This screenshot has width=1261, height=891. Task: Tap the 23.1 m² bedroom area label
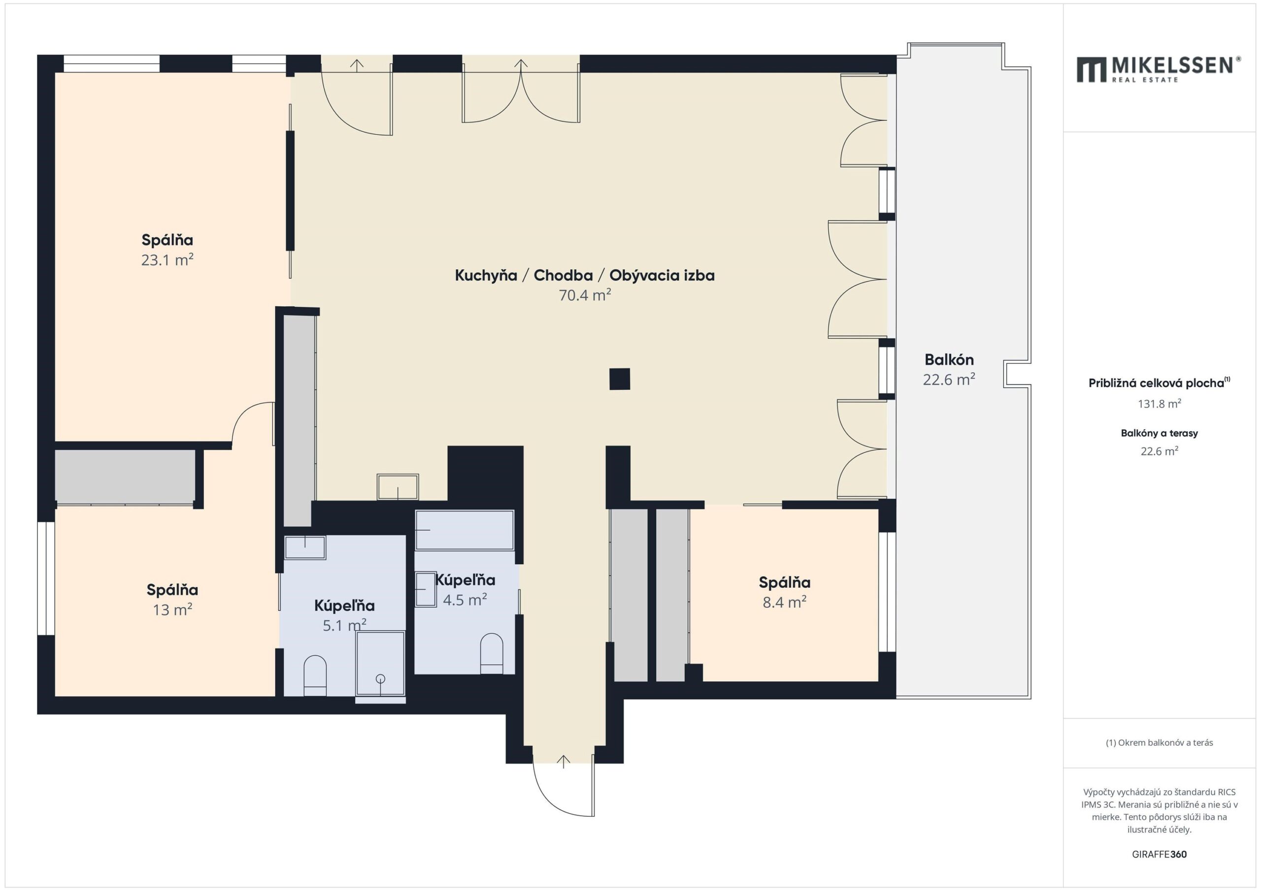167,259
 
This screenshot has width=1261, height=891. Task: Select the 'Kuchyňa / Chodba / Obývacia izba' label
584,275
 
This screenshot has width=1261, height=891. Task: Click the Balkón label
949,359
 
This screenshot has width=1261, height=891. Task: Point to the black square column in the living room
620,379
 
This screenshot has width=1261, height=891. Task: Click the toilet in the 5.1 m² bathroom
315,675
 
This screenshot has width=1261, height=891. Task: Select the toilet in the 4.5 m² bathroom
492,653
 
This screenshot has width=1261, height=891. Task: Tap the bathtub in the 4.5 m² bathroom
465,530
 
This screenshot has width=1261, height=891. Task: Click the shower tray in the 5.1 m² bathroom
380,664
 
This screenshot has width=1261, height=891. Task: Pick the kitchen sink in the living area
398,487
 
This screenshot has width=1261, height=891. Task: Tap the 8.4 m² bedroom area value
784,602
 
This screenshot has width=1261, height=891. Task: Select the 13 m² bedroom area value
172,609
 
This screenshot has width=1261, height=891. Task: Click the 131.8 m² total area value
1160,404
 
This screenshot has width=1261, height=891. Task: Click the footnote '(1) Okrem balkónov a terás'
1160,743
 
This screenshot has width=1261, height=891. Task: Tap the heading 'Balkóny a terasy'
1160,433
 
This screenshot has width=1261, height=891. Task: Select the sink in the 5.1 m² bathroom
305,547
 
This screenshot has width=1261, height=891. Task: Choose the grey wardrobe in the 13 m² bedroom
125,477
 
